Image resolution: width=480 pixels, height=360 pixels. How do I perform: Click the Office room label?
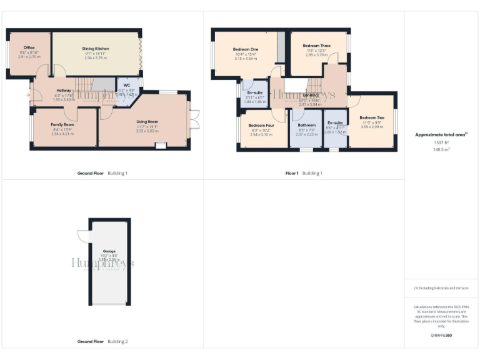coord(29,47)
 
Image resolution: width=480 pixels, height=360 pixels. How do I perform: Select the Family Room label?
coord(62,124)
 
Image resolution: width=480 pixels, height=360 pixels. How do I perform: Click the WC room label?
coord(126,85)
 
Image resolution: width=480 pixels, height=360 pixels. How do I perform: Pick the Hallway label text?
coord(64,90)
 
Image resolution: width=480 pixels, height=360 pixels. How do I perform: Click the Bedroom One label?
coord(246,49)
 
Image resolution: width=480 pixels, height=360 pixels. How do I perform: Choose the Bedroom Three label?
coord(316,46)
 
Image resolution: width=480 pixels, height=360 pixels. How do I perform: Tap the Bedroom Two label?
coord(372,117)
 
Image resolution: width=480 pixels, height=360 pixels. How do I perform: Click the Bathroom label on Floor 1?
coord(306,125)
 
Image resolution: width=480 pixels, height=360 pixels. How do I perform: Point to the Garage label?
coord(110,251)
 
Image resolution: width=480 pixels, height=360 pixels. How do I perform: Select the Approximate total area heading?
coord(441,134)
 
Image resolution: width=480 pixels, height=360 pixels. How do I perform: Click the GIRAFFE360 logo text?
coord(441,336)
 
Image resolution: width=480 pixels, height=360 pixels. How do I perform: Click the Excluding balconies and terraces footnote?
coord(441,288)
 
